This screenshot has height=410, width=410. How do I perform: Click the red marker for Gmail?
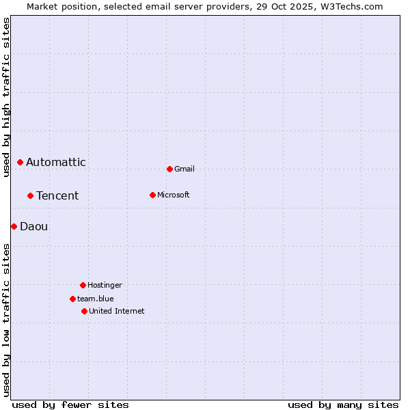[x=169, y=169]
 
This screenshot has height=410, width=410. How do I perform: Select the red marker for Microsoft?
[x=152, y=195]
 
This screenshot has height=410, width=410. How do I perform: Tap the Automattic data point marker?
[x=20, y=162]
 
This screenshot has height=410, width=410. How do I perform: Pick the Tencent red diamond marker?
[x=30, y=195]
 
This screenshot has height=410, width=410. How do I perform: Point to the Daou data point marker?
[x=14, y=226]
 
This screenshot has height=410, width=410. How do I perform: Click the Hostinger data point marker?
[x=83, y=285]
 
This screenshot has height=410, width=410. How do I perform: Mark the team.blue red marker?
[x=72, y=299]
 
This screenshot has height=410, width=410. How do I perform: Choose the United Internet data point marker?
[x=84, y=311]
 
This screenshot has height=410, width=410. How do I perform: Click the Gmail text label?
[x=184, y=169]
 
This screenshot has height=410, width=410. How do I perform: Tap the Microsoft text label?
[x=174, y=195]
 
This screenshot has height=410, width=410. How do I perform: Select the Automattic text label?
[x=56, y=162]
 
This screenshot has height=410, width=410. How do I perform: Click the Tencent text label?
[x=57, y=195]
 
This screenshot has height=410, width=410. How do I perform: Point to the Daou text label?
[x=34, y=226]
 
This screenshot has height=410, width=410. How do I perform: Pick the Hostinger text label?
[x=105, y=285]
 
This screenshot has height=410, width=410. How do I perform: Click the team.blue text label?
[x=96, y=299]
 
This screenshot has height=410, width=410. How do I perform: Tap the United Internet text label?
[x=117, y=311]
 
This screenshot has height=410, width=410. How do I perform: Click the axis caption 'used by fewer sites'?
[x=70, y=405]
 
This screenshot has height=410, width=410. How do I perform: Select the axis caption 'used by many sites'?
[x=343, y=405]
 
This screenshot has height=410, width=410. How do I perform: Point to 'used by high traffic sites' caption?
[x=6, y=97]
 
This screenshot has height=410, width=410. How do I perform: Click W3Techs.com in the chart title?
[x=351, y=6]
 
